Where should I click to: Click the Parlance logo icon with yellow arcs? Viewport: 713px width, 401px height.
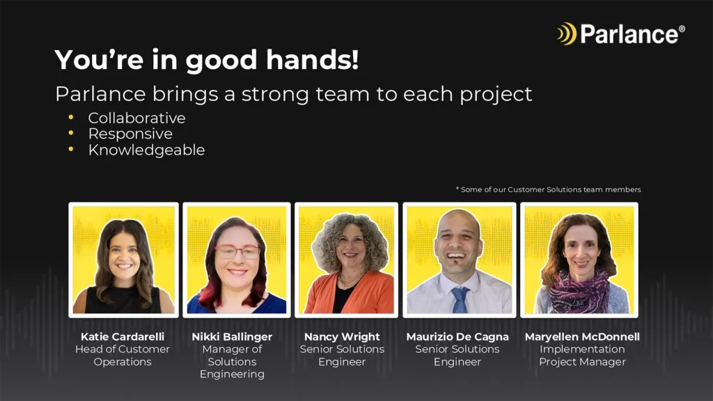tap(567, 33)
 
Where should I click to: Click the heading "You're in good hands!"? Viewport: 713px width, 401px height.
tap(207, 60)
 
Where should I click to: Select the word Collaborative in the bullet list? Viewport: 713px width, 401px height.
tap(137, 118)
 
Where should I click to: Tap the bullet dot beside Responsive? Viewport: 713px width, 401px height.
tap(71, 133)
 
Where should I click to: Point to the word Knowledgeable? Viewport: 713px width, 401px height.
tap(146, 150)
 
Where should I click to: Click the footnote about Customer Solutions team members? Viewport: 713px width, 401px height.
tap(549, 189)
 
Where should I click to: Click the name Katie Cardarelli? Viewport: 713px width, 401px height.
tap(123, 336)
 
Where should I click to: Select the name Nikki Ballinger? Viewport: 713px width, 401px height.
tap(232, 337)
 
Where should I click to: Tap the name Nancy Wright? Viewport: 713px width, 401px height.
tap(342, 337)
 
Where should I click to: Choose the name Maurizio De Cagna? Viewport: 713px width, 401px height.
tap(457, 337)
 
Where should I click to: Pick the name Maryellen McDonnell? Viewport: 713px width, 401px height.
tap(582, 337)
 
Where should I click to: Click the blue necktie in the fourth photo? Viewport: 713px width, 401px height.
tap(460, 299)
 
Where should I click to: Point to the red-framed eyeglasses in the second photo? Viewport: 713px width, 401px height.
tap(237, 251)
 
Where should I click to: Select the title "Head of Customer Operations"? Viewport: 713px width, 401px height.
tap(123, 356)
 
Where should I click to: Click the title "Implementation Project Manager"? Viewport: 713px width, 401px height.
tap(583, 356)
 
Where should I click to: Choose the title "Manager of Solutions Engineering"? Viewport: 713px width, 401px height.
tap(232, 361)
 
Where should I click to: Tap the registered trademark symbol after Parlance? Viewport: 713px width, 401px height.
tap(682, 29)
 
